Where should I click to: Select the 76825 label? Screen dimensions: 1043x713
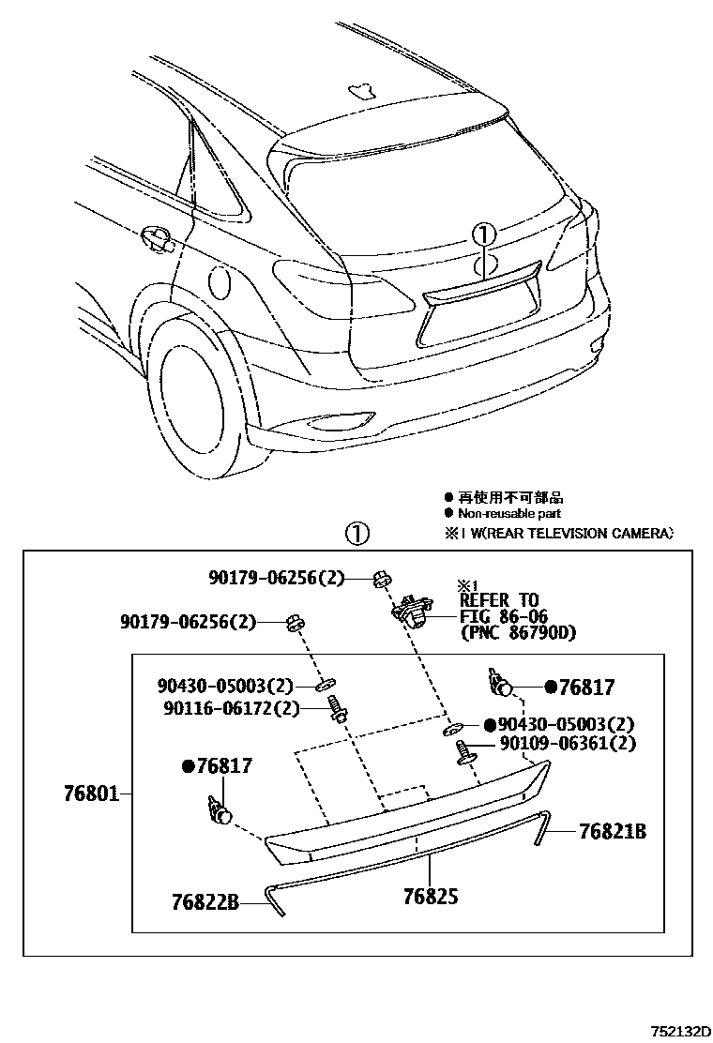coord(431,897)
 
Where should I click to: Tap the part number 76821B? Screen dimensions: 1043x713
coord(612,831)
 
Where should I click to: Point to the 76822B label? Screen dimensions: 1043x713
coord(205,903)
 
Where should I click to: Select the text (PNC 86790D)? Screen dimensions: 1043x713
coord(518,633)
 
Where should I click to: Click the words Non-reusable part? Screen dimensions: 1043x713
coord(509,513)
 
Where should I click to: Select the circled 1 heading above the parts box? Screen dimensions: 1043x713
coord(357,534)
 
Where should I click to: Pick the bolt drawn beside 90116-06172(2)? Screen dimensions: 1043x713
coord(337,714)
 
